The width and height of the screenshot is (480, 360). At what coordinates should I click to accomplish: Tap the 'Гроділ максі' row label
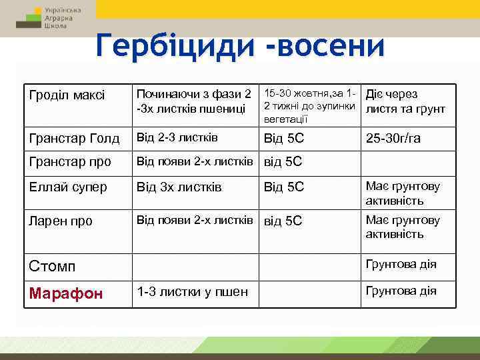67,95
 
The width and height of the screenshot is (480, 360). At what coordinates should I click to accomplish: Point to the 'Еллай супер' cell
68,187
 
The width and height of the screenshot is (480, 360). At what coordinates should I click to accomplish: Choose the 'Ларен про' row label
61,221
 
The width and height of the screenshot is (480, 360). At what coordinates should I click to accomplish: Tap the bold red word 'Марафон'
65,294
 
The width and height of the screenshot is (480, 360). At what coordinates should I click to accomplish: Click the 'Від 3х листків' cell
179,187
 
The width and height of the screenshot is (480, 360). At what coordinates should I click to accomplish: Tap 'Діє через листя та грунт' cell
405,102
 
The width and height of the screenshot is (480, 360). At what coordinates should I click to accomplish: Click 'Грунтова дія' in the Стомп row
400,264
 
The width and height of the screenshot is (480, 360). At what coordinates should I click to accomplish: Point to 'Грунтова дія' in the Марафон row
400,291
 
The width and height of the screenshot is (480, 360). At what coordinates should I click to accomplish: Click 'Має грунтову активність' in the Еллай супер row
403,193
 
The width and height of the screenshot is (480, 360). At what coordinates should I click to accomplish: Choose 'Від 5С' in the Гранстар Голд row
284,139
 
